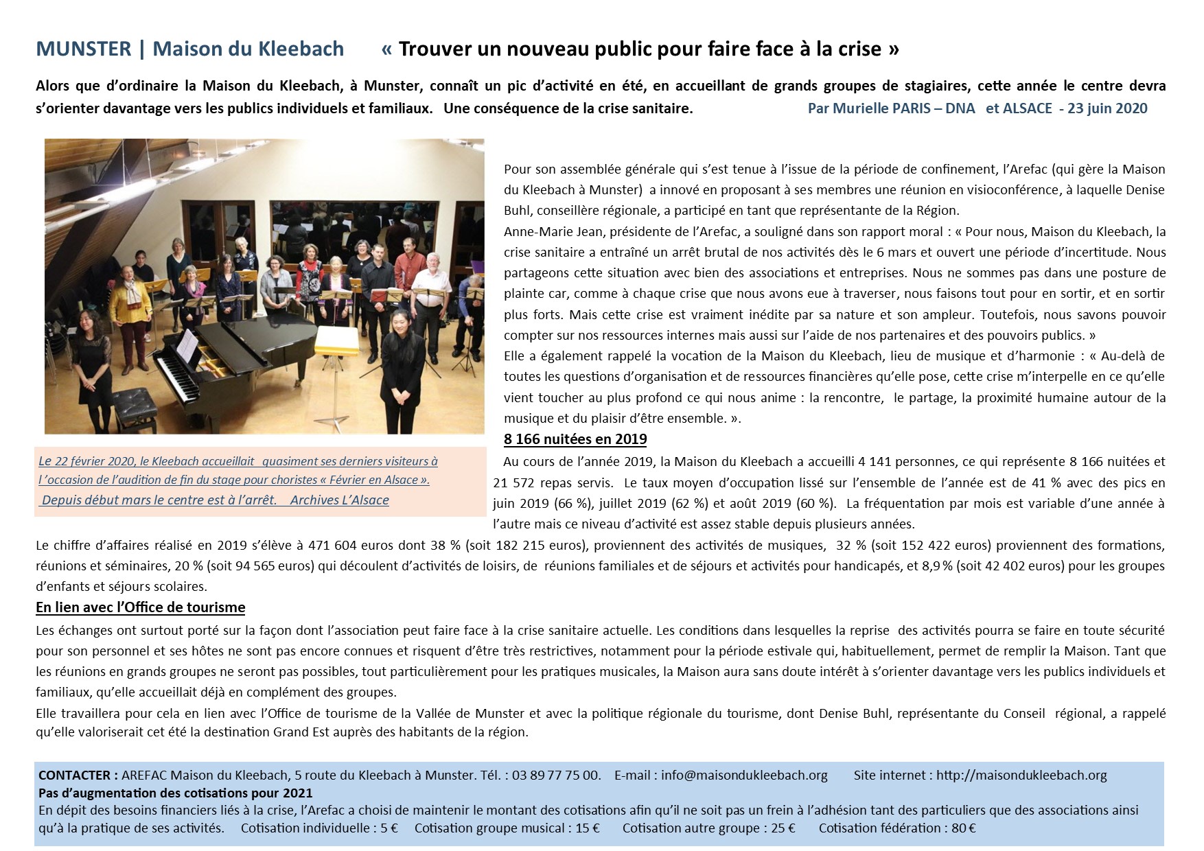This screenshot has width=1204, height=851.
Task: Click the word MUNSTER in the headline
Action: pyautogui.click(x=83, y=49)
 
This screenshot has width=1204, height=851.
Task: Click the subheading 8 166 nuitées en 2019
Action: pyautogui.click(x=575, y=439)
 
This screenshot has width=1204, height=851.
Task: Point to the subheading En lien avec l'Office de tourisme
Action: pyautogui.click(x=140, y=607)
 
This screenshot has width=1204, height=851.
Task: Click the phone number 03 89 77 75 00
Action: pyautogui.click(x=555, y=775)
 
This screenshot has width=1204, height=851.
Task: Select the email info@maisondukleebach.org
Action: pyautogui.click(x=744, y=775)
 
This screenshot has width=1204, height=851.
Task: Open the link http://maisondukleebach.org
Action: pyautogui.click(x=1021, y=775)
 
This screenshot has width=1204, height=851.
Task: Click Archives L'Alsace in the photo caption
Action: pyautogui.click(x=339, y=500)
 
